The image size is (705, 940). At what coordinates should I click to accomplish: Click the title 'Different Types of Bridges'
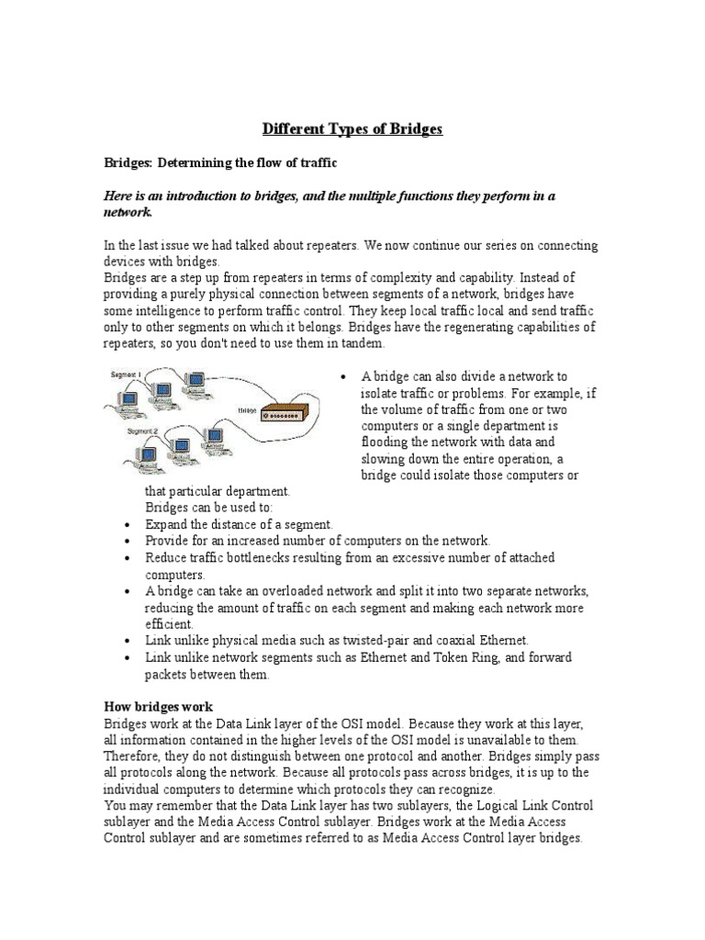click(352, 129)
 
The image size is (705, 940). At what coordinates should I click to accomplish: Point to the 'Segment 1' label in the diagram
click(127, 376)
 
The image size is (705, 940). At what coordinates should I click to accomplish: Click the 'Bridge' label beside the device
click(245, 412)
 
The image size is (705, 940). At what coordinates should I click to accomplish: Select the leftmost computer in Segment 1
click(123, 397)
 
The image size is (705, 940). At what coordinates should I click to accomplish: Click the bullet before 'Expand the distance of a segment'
click(127, 524)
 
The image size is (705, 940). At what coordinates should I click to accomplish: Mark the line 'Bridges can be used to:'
click(208, 508)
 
